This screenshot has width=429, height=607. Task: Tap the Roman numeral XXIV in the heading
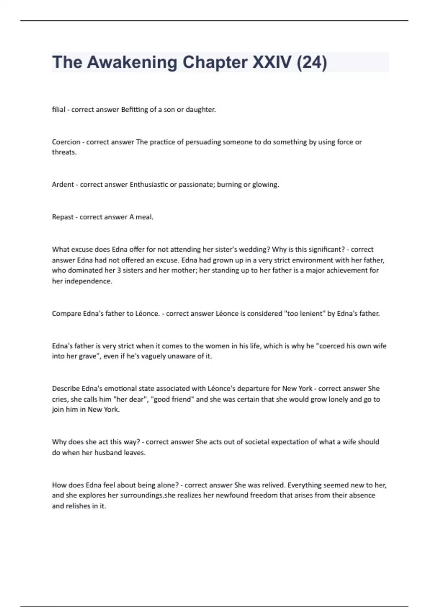(272, 62)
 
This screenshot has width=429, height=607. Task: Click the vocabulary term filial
(59, 110)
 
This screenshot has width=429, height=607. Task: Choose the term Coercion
(66, 142)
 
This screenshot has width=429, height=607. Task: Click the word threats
(64, 152)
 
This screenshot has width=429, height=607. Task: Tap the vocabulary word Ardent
(63, 185)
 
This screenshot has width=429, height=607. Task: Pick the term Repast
(63, 217)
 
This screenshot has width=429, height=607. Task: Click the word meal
(144, 217)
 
